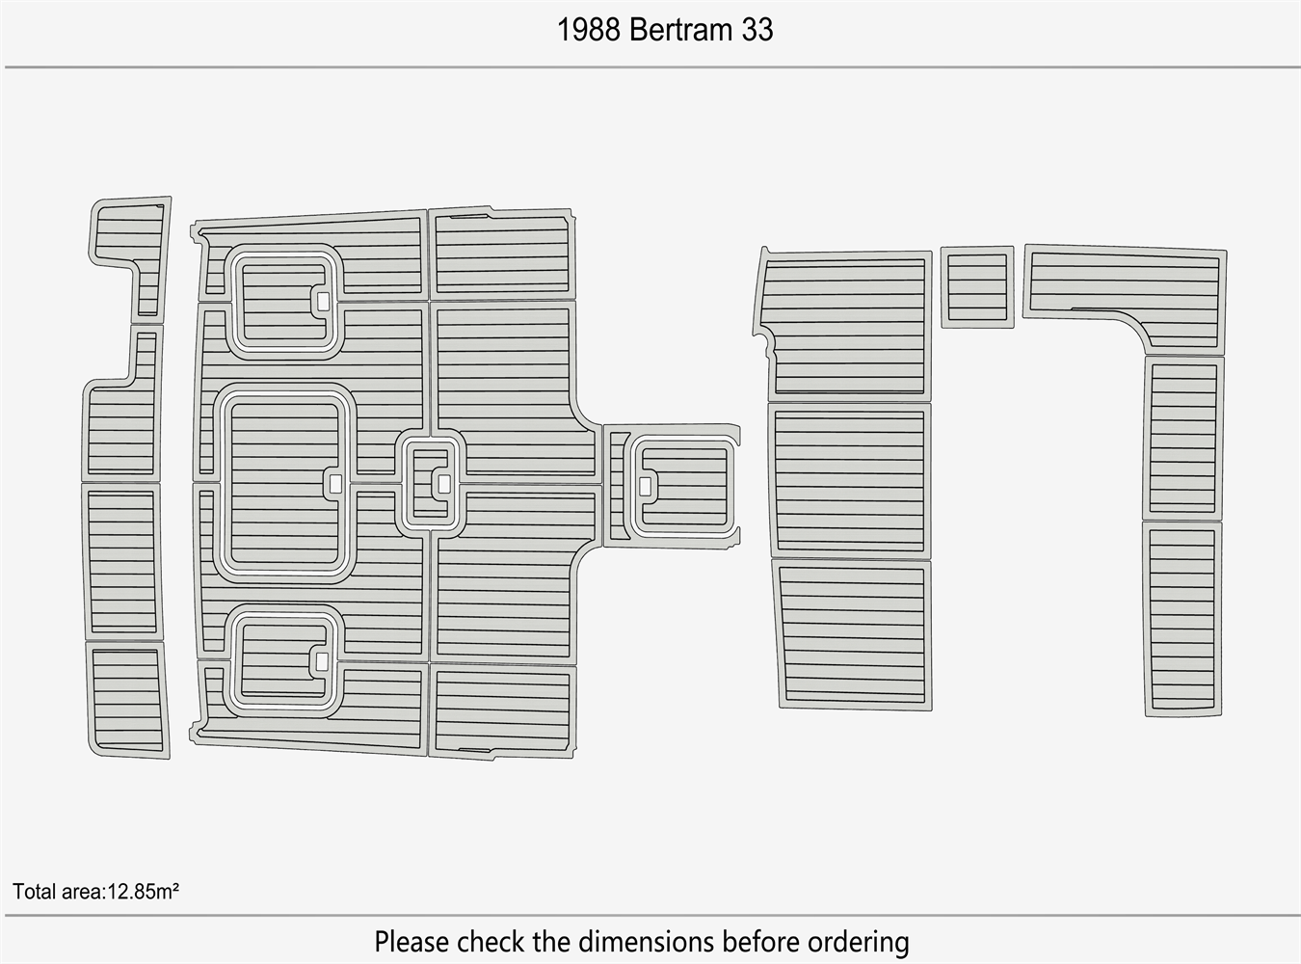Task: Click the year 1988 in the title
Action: point(588,30)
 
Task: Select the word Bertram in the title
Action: point(680,30)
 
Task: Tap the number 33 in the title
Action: point(757,30)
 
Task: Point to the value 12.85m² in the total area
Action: point(144,892)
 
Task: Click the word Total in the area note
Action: point(33,892)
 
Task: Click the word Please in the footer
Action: point(412,942)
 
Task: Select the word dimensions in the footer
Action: point(647,942)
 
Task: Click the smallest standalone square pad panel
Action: point(977,287)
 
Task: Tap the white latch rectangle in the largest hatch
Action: point(335,484)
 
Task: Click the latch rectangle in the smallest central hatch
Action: point(444,484)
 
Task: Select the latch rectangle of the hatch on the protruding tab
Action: point(645,486)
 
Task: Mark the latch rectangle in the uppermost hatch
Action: point(323,301)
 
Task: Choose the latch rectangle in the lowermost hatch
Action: point(322,661)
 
